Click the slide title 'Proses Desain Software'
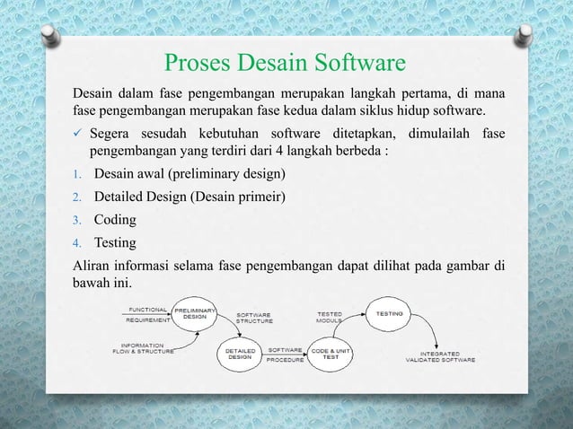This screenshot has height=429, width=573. coord(286,65)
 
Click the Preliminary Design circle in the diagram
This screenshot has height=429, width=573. coord(195,315)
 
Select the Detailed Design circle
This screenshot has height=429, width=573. coord(239,353)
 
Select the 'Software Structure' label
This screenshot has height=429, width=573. coord(254,317)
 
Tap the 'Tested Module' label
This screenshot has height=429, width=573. coord(328,317)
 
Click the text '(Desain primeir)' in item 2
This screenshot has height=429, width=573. coord(234,197)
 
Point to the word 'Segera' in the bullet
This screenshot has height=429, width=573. coord(112,134)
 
